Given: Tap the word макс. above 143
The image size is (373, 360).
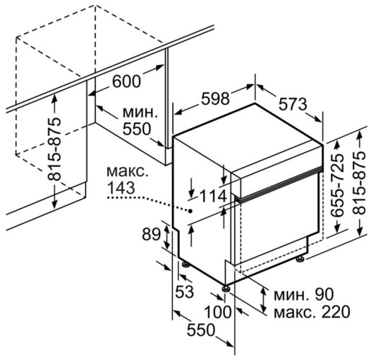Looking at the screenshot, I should (x=126, y=173).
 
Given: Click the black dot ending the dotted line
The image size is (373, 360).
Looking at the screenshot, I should (x=189, y=211).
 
